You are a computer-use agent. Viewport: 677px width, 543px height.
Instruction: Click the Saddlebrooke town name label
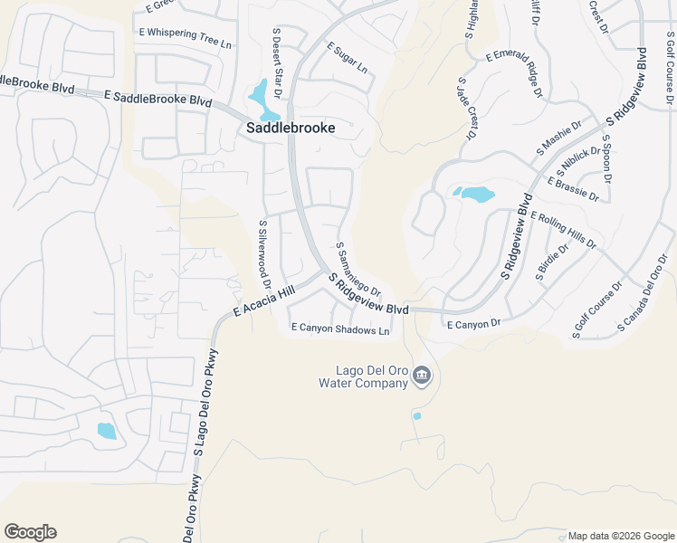click(x=291, y=129)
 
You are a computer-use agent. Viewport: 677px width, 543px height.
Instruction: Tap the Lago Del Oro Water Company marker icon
click(x=421, y=376)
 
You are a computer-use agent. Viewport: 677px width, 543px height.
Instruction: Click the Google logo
click(x=30, y=532)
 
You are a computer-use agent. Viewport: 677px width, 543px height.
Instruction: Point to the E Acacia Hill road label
click(x=264, y=300)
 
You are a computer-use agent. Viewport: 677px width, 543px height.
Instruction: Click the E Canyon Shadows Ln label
click(x=339, y=329)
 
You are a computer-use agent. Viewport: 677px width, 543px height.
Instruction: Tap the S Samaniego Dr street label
click(x=358, y=269)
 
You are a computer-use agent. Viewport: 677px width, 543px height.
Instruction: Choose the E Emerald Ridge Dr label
click(x=514, y=73)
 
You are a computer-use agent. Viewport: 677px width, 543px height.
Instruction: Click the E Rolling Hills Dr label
click(x=564, y=231)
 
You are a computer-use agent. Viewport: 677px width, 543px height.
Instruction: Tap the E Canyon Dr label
click(x=473, y=324)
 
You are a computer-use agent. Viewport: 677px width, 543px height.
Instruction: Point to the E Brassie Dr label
click(x=573, y=188)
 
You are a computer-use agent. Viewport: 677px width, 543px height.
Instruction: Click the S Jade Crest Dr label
click(x=466, y=109)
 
